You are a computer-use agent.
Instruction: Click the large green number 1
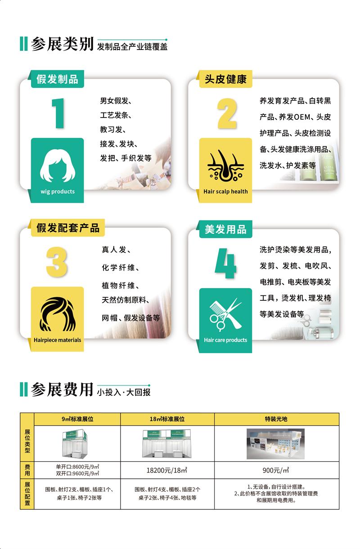[58, 113]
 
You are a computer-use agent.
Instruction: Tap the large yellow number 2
[227, 113]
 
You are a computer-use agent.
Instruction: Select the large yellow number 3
[57, 262]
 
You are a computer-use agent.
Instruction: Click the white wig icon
[58, 165]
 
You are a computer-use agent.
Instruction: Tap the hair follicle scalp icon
[225, 165]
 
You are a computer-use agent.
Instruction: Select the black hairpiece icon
[58, 314]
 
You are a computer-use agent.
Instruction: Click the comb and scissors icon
[225, 314]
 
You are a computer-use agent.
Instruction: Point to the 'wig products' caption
[58, 191]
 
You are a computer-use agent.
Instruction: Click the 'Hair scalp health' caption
[225, 191]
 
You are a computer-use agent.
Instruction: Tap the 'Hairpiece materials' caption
[57, 340]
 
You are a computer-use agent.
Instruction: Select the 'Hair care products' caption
[225, 340]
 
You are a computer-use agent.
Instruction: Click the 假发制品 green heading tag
[57, 79]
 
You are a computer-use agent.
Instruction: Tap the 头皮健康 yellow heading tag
[225, 79]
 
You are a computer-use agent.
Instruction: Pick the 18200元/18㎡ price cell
[167, 470]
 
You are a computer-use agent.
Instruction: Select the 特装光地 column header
[276, 419]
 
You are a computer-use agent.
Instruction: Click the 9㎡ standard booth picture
[75, 444]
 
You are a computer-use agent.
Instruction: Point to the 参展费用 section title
[62, 389]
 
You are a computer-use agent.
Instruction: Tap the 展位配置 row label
[27, 494]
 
